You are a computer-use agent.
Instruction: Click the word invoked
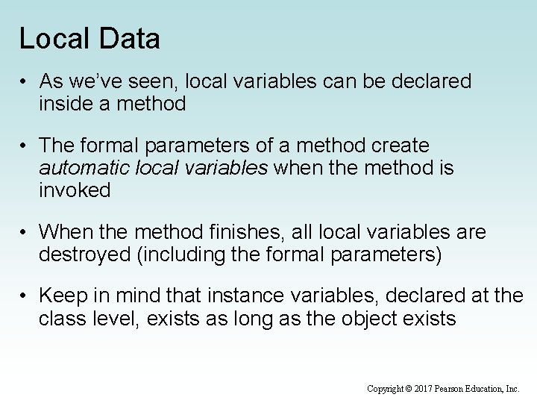click(x=75, y=190)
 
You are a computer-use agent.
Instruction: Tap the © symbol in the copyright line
click(x=408, y=388)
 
